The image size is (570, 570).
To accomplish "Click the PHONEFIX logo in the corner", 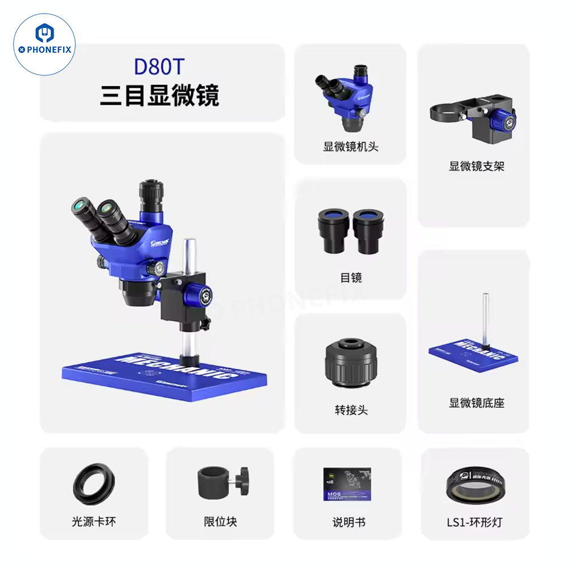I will [44, 44].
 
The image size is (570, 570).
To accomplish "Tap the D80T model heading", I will [159, 66].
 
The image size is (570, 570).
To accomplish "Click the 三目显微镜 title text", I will [159, 95].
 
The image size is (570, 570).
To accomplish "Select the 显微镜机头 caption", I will [351, 146].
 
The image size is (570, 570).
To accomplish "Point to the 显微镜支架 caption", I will [477, 166].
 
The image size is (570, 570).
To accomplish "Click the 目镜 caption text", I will [351, 278].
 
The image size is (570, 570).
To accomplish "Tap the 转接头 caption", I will [351, 409].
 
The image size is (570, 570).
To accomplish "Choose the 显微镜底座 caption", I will [477, 403].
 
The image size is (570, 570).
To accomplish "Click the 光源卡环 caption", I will [94, 521].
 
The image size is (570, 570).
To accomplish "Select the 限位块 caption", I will [220, 521].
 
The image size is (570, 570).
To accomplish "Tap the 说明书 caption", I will [349, 521].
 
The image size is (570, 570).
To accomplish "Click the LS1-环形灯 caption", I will [475, 521].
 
